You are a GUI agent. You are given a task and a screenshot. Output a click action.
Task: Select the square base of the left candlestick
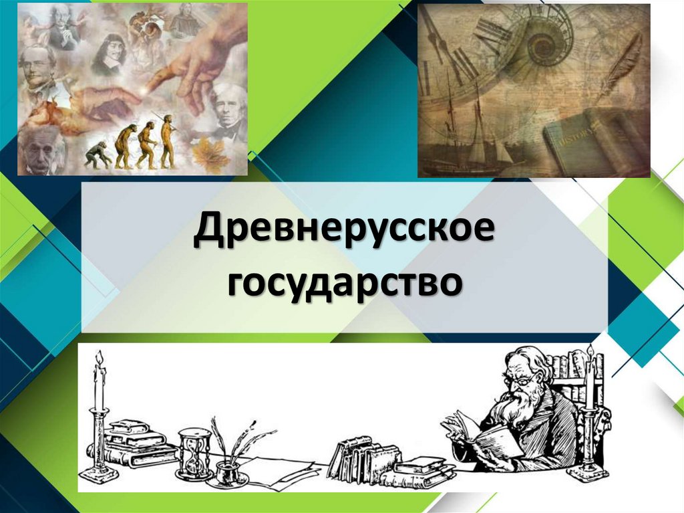point(98,477)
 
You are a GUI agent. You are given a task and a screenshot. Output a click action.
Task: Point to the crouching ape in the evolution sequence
point(97,155)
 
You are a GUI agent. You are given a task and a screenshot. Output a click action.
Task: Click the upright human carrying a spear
point(166,141)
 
